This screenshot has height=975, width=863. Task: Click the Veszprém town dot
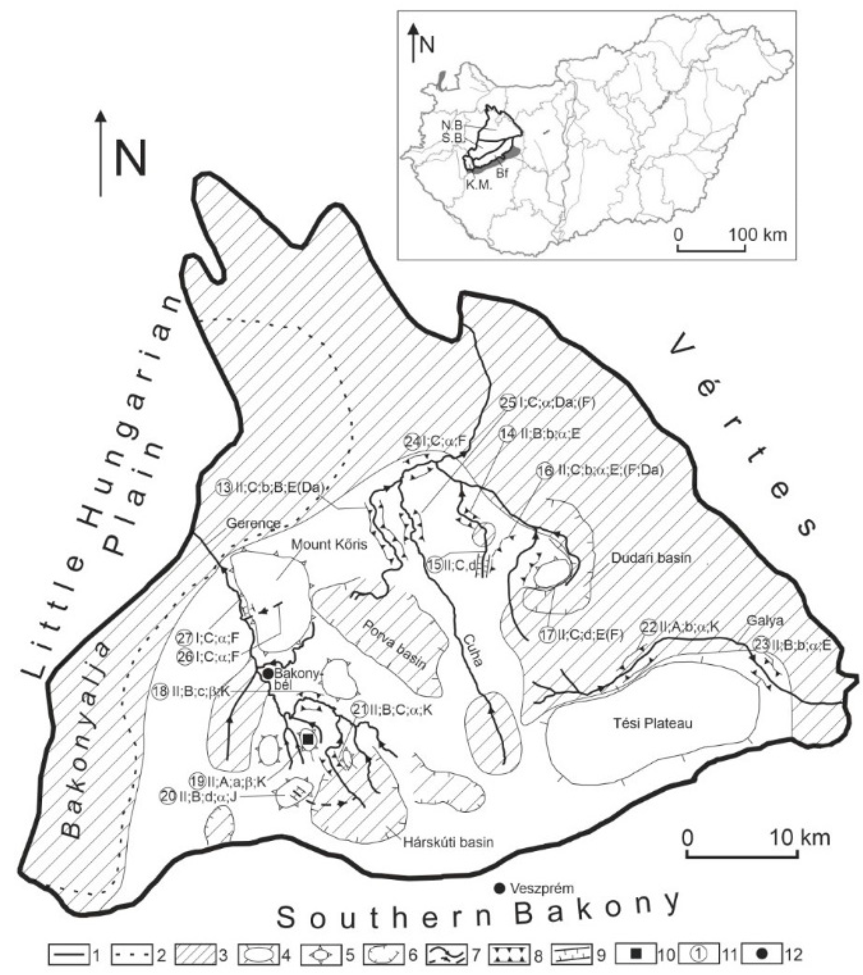click(499, 888)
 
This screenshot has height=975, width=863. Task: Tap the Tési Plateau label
click(652, 723)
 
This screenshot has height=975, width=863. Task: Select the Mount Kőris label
click(330, 544)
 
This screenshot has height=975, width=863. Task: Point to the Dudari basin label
click(651, 557)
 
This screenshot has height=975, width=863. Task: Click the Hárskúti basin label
click(449, 842)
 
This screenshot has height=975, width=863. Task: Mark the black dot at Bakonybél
click(267, 673)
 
